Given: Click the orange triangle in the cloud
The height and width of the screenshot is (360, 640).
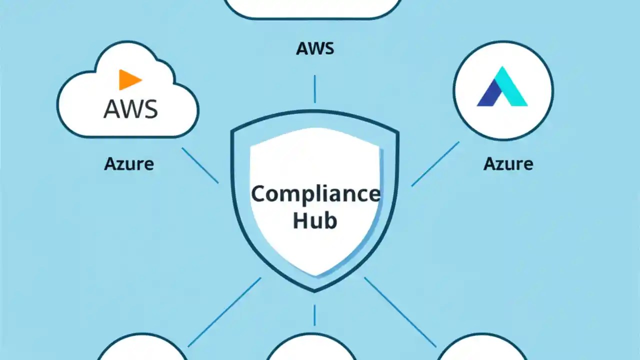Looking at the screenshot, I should click(129, 80).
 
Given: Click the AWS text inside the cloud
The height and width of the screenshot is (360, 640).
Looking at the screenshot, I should click(130, 109).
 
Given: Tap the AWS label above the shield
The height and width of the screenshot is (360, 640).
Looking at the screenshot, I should click(314, 49).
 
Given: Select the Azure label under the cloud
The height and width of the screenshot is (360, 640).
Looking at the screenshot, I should click(129, 164).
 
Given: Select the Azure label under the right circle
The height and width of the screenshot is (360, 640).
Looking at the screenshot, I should click(508, 164).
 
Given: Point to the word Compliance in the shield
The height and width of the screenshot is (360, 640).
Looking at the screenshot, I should click(315, 194).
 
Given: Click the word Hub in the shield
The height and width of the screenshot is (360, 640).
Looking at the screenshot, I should click(314, 220).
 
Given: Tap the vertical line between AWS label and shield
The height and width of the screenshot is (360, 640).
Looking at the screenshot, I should click(314, 89).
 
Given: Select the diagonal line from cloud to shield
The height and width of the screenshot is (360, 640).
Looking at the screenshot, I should click(200, 165).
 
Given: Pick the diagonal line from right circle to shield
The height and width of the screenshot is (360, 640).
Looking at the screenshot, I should click(435, 164).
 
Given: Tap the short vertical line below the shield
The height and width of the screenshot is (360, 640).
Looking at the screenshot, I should click(314, 315).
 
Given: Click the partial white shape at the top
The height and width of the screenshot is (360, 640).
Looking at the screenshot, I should click(312, 7).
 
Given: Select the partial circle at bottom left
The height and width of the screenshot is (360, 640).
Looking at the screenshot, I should click(142, 350).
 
